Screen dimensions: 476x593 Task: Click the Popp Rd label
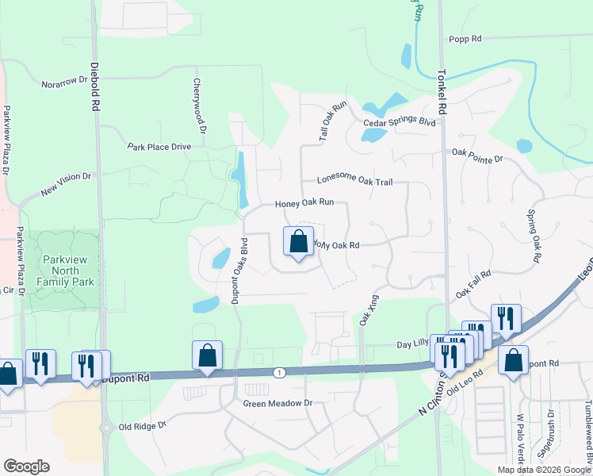[x=465, y=38]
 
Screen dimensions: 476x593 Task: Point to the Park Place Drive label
[x=159, y=147]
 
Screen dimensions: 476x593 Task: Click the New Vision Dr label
[x=67, y=184]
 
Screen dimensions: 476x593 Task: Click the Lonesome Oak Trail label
[x=354, y=182]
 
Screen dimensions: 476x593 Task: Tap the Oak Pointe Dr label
[x=477, y=155]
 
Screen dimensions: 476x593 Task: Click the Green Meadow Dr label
[x=277, y=403]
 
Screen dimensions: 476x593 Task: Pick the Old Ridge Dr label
[x=143, y=426]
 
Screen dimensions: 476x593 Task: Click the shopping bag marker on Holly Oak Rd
[x=298, y=242]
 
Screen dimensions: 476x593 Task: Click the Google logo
[x=26, y=466]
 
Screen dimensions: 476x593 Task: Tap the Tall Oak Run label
[x=333, y=121]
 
